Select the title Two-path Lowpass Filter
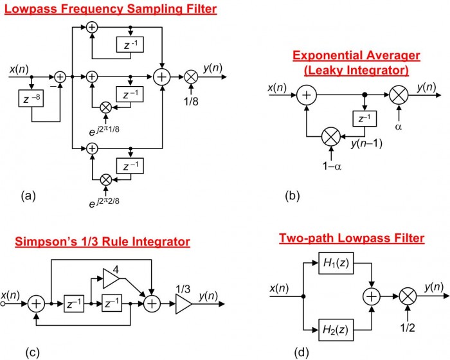coord(352,239)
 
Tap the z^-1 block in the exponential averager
coord(364,119)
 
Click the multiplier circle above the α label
coord(399,95)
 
